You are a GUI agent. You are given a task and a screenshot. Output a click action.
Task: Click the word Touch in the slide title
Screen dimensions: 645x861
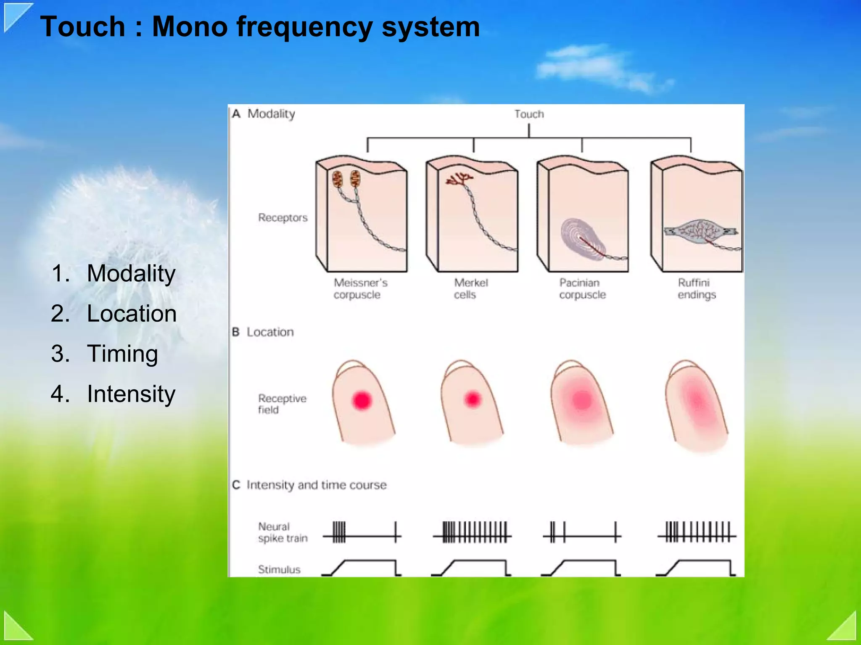pyautogui.click(x=83, y=26)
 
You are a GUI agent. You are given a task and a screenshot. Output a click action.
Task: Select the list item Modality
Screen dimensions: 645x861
pyautogui.click(x=131, y=274)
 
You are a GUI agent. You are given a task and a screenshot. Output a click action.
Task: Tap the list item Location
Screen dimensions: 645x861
pyautogui.click(x=131, y=314)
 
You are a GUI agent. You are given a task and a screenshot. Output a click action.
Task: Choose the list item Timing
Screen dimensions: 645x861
pyautogui.click(x=122, y=354)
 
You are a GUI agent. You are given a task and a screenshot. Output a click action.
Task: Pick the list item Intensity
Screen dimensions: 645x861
pyautogui.click(x=131, y=394)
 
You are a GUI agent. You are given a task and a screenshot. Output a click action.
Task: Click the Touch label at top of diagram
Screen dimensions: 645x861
pyautogui.click(x=529, y=114)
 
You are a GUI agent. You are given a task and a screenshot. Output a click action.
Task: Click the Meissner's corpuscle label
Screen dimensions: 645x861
pyautogui.click(x=360, y=288)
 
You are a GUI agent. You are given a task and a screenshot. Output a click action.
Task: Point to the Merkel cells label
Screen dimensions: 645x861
pyautogui.click(x=470, y=288)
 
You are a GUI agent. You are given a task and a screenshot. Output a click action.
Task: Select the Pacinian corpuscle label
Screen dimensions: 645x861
pyautogui.click(x=582, y=288)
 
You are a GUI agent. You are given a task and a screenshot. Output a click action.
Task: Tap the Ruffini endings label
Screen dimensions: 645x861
pyautogui.click(x=696, y=288)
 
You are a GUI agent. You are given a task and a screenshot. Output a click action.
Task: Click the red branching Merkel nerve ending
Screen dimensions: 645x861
pyautogui.click(x=459, y=179)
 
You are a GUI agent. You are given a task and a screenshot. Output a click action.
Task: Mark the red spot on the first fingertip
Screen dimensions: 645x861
pyautogui.click(x=362, y=400)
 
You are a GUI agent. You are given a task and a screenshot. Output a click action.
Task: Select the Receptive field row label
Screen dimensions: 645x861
pyautogui.click(x=281, y=404)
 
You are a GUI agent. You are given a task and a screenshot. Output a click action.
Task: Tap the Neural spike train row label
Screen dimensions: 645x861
pyautogui.click(x=282, y=532)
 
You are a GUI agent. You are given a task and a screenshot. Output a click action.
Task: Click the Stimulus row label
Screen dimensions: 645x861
pyautogui.click(x=279, y=569)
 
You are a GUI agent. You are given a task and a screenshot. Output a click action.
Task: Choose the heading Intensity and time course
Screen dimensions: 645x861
pyautogui.click(x=316, y=485)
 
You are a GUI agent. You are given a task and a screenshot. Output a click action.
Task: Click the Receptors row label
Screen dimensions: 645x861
pyautogui.click(x=283, y=217)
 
